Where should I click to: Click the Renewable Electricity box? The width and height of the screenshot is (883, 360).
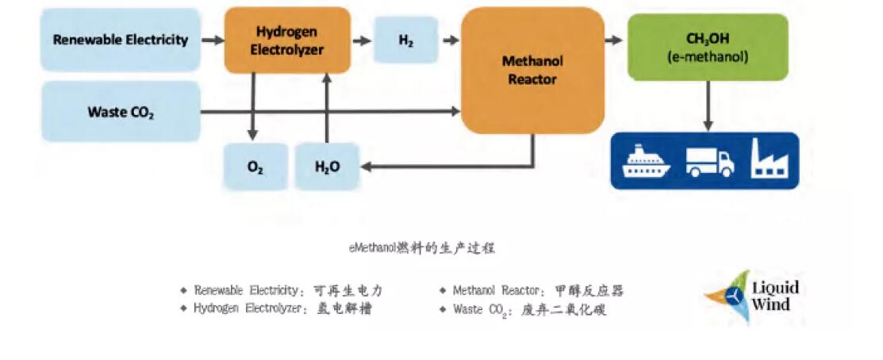120,39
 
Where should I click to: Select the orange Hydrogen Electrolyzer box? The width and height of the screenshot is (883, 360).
286,40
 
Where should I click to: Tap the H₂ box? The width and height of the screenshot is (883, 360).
405,40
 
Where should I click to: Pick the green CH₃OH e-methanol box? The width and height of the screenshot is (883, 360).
708,47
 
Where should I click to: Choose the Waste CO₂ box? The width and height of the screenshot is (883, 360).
120,111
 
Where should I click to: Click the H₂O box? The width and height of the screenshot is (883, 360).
327,167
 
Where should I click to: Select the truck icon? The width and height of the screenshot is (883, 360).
708,162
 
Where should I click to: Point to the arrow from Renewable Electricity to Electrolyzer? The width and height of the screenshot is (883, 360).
212,39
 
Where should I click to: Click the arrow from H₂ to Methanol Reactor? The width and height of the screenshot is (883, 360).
451,39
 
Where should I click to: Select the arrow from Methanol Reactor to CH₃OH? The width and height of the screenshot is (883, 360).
614,39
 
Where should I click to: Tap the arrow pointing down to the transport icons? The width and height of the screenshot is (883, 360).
708,107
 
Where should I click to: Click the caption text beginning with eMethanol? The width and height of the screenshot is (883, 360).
423,248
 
